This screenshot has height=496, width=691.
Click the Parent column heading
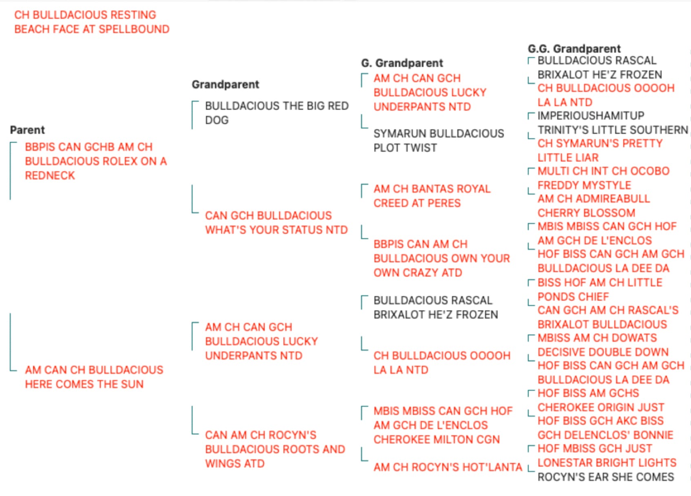coord(27,130)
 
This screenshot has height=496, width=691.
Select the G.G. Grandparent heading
coord(574,49)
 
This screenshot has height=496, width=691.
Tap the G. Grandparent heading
coord(402,63)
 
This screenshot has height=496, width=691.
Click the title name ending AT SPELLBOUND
coord(92,22)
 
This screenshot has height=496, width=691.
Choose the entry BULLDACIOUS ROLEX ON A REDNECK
coord(96,161)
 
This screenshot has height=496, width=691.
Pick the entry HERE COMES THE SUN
coord(94,376)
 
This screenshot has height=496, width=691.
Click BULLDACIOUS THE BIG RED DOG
coord(277,113)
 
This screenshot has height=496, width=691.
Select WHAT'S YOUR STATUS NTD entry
coord(277,222)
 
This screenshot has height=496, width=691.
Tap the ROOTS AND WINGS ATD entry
coord(275,449)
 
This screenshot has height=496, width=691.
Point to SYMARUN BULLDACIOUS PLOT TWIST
coord(439,140)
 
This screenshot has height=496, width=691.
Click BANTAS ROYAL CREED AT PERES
coord(432,195)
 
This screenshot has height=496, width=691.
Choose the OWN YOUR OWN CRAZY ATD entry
coord(442,258)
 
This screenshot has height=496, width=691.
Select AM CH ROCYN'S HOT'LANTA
coord(447,467)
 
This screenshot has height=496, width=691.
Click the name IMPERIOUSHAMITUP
coord(591,115)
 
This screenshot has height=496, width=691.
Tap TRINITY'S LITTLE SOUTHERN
coord(613,130)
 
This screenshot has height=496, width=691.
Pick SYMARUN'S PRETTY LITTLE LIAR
coord(600,151)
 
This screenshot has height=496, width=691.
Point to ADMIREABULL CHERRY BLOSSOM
coord(594,206)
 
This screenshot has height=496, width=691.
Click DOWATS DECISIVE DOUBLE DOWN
coord(603,345)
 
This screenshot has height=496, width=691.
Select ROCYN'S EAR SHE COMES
coord(606,477)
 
